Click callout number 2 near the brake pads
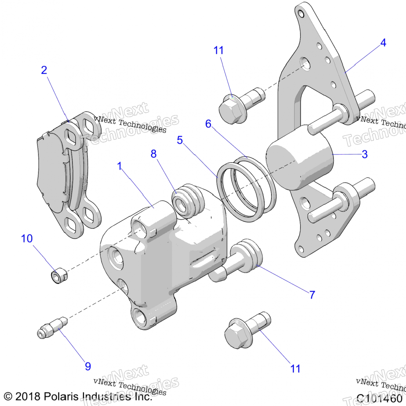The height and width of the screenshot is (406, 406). pyautogui.click(x=44, y=70)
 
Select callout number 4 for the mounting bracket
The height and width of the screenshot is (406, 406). pyautogui.click(x=383, y=43)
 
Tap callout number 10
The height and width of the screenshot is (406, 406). pyautogui.click(x=27, y=239)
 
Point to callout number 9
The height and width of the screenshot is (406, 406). pyautogui.click(x=88, y=366)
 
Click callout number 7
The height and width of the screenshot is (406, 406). pyautogui.click(x=312, y=295)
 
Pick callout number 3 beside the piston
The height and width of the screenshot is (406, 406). pyautogui.click(x=365, y=155)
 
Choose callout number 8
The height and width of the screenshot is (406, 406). pyautogui.click(x=153, y=154)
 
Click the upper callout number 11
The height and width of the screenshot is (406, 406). pyautogui.click(x=218, y=50)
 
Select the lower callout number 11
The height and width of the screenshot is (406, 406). pyautogui.click(x=295, y=369)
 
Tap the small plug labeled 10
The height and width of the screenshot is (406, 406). pyautogui.click(x=59, y=276)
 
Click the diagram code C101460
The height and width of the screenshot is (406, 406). pyautogui.click(x=379, y=398)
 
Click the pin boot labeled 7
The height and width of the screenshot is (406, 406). pyautogui.click(x=247, y=256)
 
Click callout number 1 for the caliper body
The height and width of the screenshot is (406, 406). pyautogui.click(x=119, y=166)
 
